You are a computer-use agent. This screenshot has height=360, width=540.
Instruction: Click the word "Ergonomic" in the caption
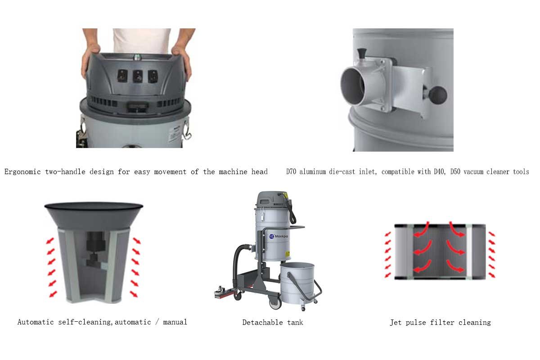pos(22,172)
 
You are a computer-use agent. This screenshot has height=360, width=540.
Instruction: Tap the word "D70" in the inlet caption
pos(291,172)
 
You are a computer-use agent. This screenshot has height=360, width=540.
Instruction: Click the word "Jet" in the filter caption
pos(396,323)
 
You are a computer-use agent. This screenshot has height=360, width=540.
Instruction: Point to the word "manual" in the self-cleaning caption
pos(175,322)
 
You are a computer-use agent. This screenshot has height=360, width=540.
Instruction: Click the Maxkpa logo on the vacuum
pos(279,236)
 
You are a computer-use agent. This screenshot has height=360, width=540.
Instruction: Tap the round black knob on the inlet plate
pos(437,95)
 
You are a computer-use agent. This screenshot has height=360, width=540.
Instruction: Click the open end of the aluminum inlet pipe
pos(352,86)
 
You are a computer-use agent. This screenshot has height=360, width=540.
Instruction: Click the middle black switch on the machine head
pos(138,76)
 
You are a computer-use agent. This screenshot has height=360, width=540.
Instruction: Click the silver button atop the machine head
pos(137,58)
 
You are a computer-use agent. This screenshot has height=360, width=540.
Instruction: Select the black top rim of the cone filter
pos(94,206)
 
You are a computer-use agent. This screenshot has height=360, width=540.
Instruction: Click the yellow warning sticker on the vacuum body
pos(288,254)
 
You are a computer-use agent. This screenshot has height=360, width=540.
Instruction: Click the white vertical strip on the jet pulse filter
pos(469,252)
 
